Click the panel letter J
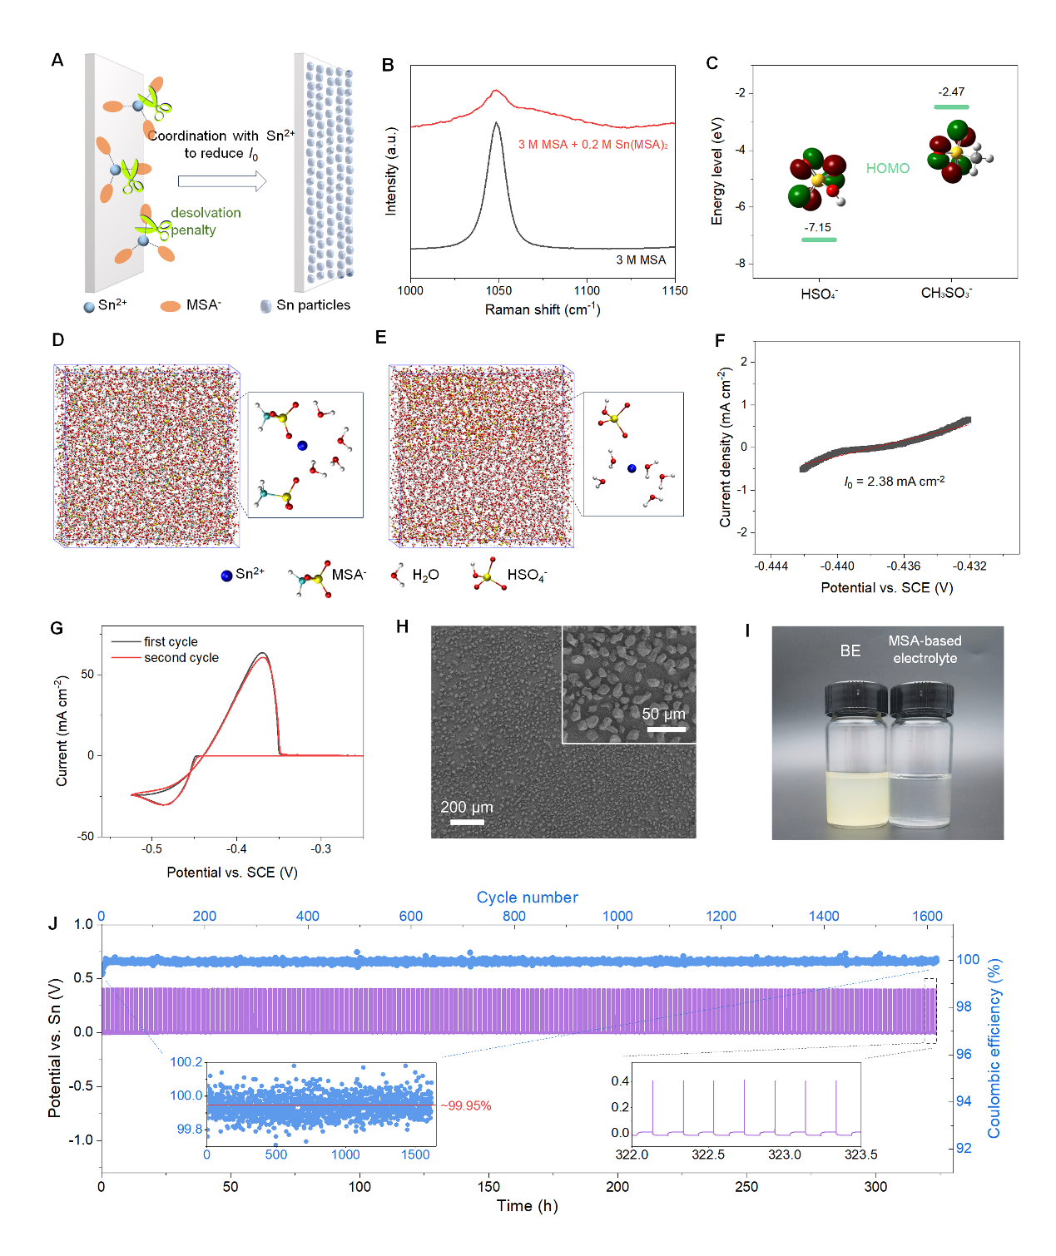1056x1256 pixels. point(54,924)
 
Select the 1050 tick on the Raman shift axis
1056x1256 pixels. point(498,290)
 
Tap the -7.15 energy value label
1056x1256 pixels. point(817,227)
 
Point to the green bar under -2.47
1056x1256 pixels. point(951,106)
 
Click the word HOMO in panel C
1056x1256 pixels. point(887,168)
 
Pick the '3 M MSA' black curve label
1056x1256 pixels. point(641,260)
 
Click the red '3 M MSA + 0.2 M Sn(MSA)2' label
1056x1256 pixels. point(592,145)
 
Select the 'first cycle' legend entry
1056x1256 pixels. point(171,641)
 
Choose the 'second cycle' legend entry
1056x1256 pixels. point(181,658)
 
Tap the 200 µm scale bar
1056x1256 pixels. point(467,822)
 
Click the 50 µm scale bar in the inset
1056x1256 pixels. point(667,729)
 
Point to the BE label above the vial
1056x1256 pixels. point(850,650)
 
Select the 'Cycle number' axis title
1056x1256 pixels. point(527,897)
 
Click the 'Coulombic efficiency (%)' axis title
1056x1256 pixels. point(994,1049)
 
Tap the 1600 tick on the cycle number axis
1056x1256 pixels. point(927,916)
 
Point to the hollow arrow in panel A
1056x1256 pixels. point(221,180)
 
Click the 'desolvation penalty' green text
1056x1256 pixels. point(205,221)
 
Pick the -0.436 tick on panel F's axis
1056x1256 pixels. point(904,566)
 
